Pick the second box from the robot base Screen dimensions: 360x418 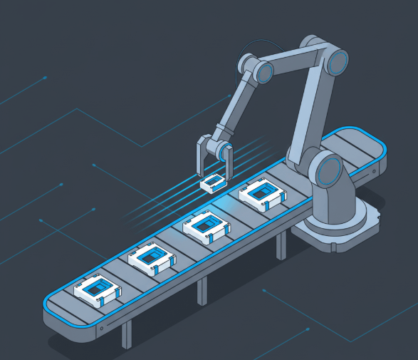[207, 226]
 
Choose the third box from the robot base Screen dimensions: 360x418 [152, 259]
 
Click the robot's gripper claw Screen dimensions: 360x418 [213, 158]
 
